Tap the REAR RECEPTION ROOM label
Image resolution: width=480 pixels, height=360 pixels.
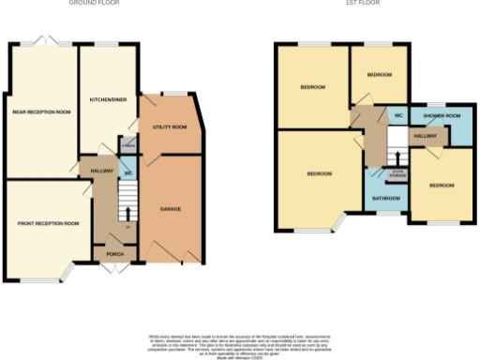[x=41, y=112]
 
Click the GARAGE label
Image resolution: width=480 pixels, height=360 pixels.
[x=170, y=208]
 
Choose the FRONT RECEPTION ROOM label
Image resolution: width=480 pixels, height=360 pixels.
[x=47, y=224]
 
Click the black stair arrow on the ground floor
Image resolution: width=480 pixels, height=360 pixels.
[x=127, y=210]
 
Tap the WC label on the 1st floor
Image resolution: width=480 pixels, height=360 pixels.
[x=398, y=115]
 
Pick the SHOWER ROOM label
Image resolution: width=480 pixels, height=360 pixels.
[x=441, y=115]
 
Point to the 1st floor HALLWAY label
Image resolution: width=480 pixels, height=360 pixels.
[x=426, y=136]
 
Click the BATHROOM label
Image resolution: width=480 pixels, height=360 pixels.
[x=385, y=199]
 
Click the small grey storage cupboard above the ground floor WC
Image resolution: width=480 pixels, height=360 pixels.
[x=127, y=145]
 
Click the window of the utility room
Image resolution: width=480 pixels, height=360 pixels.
[x=172, y=92]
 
